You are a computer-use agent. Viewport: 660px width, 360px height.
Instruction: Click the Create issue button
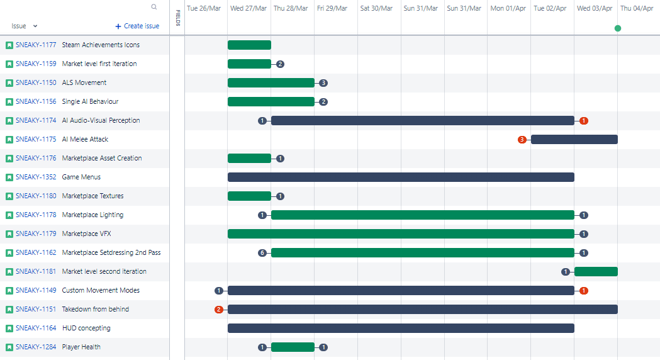[x=137, y=26]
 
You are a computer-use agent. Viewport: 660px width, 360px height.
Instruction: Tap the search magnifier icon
[x=154, y=7]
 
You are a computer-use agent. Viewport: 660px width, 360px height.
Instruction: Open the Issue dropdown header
[x=25, y=26]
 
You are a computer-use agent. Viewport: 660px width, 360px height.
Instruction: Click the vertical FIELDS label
[x=178, y=18]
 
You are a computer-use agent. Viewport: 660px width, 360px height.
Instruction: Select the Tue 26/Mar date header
[x=204, y=8]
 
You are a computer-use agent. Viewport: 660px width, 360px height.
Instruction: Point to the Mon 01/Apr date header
[x=508, y=8]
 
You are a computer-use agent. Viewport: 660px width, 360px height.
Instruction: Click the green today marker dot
[x=617, y=28]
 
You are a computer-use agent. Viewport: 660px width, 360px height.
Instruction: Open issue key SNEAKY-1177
[x=36, y=45]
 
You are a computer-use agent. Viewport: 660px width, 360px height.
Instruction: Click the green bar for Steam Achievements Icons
[x=249, y=45]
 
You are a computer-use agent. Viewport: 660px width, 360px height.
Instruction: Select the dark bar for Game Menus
[x=401, y=177]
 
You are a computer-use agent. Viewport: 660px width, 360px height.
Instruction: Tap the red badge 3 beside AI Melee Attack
[x=522, y=139]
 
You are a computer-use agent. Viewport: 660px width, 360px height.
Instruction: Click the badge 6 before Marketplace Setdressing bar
[x=262, y=253]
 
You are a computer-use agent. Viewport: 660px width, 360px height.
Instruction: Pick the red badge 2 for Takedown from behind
[x=218, y=310]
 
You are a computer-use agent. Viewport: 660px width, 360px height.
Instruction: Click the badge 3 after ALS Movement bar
[x=323, y=83]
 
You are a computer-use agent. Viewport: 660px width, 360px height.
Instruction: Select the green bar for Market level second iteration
[x=596, y=272]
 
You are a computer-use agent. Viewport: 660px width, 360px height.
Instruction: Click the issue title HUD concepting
[x=86, y=328]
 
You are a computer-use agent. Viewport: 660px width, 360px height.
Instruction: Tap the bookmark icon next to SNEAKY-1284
[x=9, y=347]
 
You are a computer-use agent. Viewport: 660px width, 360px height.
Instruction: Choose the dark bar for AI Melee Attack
[x=574, y=139]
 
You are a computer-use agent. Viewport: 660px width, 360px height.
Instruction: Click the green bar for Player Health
[x=293, y=347]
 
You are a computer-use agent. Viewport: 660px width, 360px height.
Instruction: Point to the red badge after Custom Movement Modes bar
[x=583, y=291]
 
